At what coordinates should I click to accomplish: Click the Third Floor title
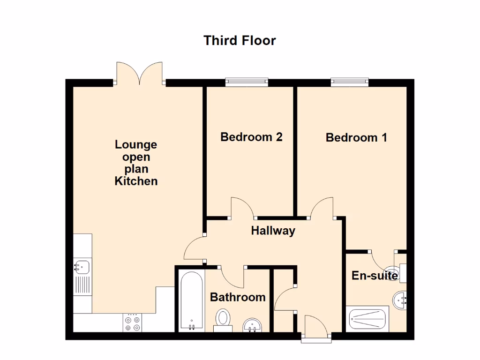(x=240, y=40)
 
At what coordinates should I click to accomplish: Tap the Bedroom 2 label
(x=251, y=137)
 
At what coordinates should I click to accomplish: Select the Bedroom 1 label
(x=356, y=138)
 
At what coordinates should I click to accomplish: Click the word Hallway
(x=273, y=231)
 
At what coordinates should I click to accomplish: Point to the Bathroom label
(x=238, y=297)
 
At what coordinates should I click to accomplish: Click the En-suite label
(x=375, y=276)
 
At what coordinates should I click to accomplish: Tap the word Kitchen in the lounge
(x=136, y=181)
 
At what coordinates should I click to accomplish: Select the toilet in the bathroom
(x=223, y=318)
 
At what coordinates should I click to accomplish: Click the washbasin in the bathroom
(x=253, y=324)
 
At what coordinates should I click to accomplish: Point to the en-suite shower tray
(x=368, y=319)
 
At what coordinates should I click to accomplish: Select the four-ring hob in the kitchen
(x=132, y=322)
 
